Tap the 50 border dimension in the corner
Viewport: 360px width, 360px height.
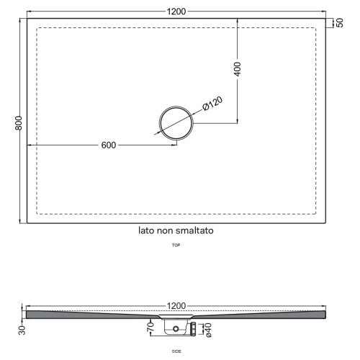(x=338, y=23)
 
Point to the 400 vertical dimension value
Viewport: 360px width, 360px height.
(x=238, y=69)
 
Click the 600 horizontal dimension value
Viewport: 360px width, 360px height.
(x=108, y=145)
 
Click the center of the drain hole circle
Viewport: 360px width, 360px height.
(x=176, y=124)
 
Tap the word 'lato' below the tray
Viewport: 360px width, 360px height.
(x=148, y=232)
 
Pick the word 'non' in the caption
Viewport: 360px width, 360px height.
(x=168, y=232)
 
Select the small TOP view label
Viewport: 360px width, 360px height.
(x=176, y=246)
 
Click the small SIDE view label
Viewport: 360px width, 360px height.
(x=176, y=351)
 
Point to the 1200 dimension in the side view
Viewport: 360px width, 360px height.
(x=177, y=305)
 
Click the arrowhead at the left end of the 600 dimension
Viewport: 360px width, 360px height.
(x=29, y=145)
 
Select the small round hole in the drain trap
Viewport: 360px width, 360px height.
(x=175, y=328)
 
